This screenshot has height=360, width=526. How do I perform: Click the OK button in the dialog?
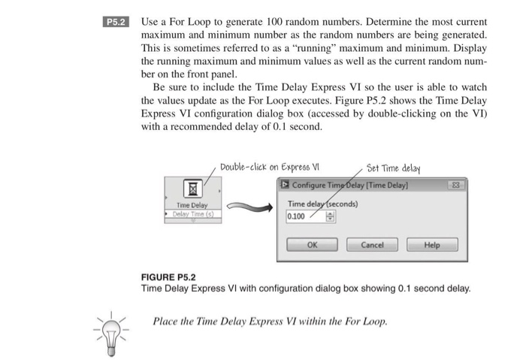(x=313, y=244)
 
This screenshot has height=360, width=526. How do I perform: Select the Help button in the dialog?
(x=431, y=244)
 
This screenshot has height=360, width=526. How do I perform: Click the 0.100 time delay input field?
(x=304, y=216)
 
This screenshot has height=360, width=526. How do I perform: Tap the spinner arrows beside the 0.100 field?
(x=328, y=216)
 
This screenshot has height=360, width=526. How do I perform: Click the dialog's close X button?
(x=455, y=185)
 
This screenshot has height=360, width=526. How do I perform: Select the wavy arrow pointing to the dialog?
(x=249, y=206)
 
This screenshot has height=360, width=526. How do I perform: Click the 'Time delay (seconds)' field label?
(x=323, y=203)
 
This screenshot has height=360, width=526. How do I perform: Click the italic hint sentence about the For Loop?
(x=271, y=322)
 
